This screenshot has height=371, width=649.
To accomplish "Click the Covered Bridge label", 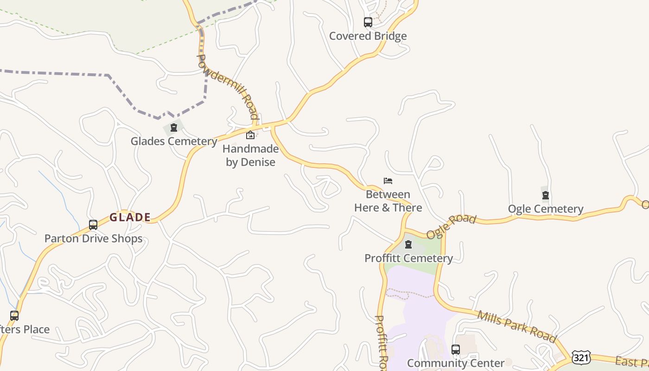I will click(x=368, y=36).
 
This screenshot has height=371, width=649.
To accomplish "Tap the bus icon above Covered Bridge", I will click(x=368, y=22).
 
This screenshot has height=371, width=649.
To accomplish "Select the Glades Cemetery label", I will click(x=174, y=141).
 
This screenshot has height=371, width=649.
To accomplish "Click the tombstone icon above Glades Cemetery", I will click(x=174, y=128).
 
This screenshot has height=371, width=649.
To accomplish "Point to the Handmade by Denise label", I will click(x=250, y=155).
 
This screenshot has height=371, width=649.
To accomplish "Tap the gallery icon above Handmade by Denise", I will click(x=250, y=135).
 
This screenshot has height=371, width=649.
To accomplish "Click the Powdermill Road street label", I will click(x=228, y=87).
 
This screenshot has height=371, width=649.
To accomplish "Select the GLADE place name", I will click(x=130, y=217).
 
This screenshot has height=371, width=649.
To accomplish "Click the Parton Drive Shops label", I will click(x=93, y=238).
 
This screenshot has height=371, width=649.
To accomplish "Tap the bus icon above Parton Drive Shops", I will click(x=93, y=225).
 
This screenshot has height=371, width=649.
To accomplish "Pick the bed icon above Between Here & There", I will click(x=388, y=181).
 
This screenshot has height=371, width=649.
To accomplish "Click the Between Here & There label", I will click(x=388, y=201).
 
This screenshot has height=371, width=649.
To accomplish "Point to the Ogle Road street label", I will click(x=451, y=226).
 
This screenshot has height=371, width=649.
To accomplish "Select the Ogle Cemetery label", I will click(x=546, y=209).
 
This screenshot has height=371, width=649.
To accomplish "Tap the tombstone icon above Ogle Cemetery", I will click(x=546, y=195).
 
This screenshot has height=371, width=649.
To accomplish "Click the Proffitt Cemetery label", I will click(x=408, y=258).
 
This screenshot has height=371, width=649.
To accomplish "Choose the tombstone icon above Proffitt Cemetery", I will click(x=408, y=244).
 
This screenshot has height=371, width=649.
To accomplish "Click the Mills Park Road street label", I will click(x=516, y=326).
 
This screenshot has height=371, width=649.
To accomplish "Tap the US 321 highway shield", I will click(x=580, y=357).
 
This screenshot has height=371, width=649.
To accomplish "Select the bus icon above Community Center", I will click(x=456, y=350).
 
